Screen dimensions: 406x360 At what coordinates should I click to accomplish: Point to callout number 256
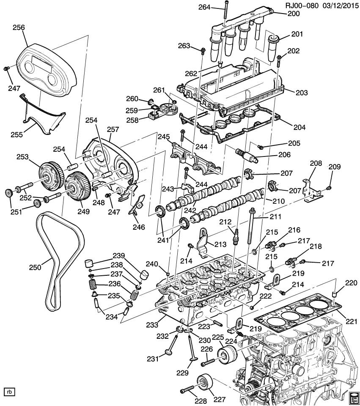pyautogui.click(x=19, y=27)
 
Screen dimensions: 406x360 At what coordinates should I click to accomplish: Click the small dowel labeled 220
pyautogui.click(x=334, y=294)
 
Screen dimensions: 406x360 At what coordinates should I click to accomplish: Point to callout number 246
pyautogui.click(x=138, y=227)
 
